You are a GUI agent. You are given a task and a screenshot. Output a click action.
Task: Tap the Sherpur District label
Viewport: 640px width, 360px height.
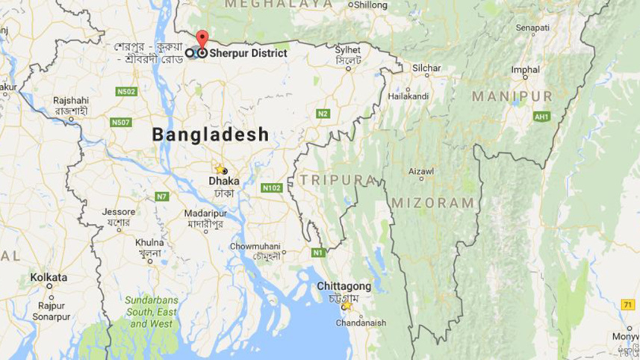247,54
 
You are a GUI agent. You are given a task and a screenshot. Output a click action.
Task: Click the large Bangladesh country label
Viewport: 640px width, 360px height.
210,135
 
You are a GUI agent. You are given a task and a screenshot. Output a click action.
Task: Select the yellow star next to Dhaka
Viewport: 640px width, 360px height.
220,169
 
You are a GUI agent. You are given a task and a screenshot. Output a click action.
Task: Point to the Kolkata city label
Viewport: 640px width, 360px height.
49,277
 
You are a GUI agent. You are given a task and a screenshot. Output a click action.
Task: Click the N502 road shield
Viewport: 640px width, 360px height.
126,91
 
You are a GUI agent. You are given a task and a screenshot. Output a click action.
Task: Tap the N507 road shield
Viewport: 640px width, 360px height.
120,122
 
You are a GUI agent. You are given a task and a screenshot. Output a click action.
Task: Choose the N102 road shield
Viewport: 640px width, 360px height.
272,187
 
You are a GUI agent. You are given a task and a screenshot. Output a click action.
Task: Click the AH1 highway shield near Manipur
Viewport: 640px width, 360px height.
541,117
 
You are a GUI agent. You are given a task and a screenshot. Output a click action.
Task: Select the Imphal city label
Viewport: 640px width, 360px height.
525,69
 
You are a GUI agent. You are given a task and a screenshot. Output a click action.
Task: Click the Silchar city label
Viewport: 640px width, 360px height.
426,68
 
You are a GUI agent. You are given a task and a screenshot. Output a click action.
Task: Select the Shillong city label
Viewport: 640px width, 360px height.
370,5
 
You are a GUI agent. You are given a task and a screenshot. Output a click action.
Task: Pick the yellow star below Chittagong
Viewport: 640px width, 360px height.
347,305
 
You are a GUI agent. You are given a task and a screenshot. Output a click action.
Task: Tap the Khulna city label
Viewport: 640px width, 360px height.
150,243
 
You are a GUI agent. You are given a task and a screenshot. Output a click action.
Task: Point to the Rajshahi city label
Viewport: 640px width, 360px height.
71,100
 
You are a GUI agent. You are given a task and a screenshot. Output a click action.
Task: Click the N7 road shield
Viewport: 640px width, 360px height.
162,196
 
